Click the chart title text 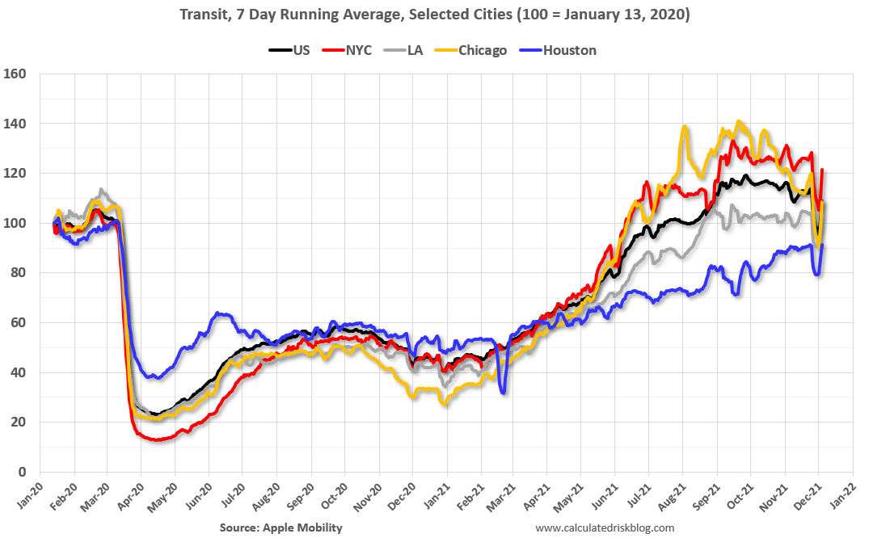click(x=434, y=15)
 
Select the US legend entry click(x=293, y=50)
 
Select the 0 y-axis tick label click(x=23, y=472)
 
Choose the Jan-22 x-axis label click(x=842, y=495)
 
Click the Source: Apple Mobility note click(x=281, y=527)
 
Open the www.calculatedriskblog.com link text click(x=605, y=527)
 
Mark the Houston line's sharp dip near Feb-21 click(x=503, y=393)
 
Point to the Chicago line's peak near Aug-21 click(x=685, y=127)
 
